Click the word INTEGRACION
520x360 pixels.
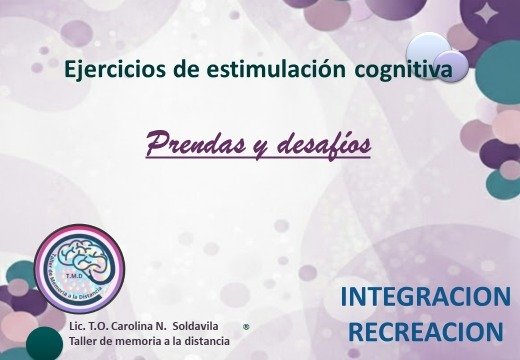(425, 297)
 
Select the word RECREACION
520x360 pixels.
(425, 331)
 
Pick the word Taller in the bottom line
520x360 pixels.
(84, 342)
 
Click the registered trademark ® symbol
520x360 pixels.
(246, 327)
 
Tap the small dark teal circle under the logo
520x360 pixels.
(43, 343)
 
